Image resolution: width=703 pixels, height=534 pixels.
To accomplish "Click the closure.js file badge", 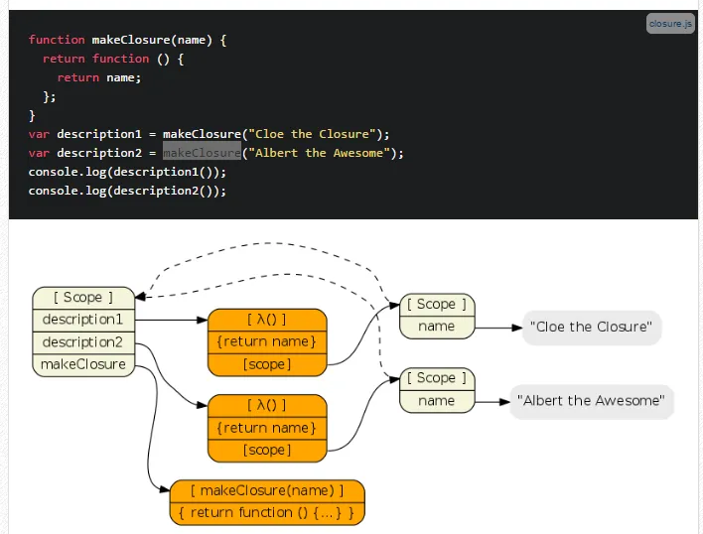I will (670, 23).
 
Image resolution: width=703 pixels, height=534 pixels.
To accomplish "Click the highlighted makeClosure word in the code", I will (202, 153).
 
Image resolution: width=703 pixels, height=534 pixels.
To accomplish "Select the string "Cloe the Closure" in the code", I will (315, 134).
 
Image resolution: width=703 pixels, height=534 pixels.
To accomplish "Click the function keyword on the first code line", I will (57, 40).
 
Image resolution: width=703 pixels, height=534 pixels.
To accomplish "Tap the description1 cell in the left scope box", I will (83, 320).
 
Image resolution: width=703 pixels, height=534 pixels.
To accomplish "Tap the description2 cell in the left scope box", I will (83, 342).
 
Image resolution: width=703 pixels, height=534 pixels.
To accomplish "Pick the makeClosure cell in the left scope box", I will (83, 364).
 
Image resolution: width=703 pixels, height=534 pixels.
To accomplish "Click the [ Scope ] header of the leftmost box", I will (83, 297).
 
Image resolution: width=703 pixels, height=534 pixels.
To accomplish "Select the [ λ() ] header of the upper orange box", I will (267, 320).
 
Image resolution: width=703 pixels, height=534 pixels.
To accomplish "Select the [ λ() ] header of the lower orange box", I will (267, 405).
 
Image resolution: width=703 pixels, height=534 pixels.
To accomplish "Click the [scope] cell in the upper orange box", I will (267, 364).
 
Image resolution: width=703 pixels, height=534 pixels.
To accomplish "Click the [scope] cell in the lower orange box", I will (267, 450).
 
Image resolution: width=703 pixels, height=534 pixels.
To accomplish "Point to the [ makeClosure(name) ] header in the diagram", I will (267, 490).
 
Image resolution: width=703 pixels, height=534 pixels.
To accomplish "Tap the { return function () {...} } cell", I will (267, 513).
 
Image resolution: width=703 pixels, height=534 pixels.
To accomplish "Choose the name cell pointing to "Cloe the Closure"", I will (437, 327).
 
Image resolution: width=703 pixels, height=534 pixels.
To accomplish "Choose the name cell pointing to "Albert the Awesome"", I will (437, 401).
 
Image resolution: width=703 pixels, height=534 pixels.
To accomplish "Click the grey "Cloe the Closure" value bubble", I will (592, 327).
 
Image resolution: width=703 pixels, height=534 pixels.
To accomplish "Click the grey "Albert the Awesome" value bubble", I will (592, 401).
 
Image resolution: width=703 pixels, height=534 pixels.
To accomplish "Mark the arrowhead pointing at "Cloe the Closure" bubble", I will (516, 327).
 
